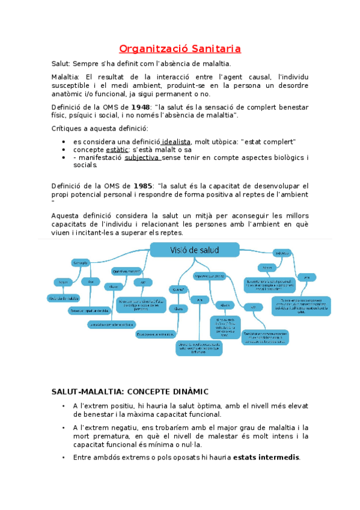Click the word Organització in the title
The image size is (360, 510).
(150, 48)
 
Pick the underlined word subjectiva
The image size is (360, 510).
(142, 158)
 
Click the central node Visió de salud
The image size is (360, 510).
(194, 250)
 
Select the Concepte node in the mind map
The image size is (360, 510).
(81, 263)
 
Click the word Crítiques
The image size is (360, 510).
(67, 128)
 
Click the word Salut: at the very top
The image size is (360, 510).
(61, 63)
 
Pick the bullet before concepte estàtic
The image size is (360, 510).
(64, 150)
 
